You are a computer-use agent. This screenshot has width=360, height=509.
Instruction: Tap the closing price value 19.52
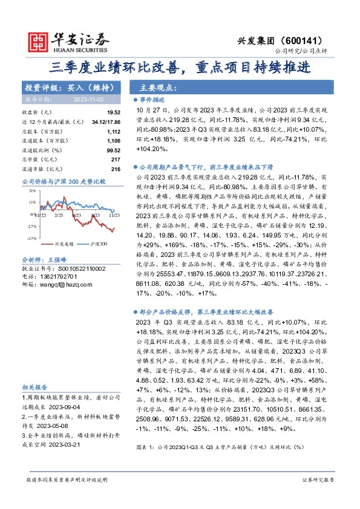[114, 112]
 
